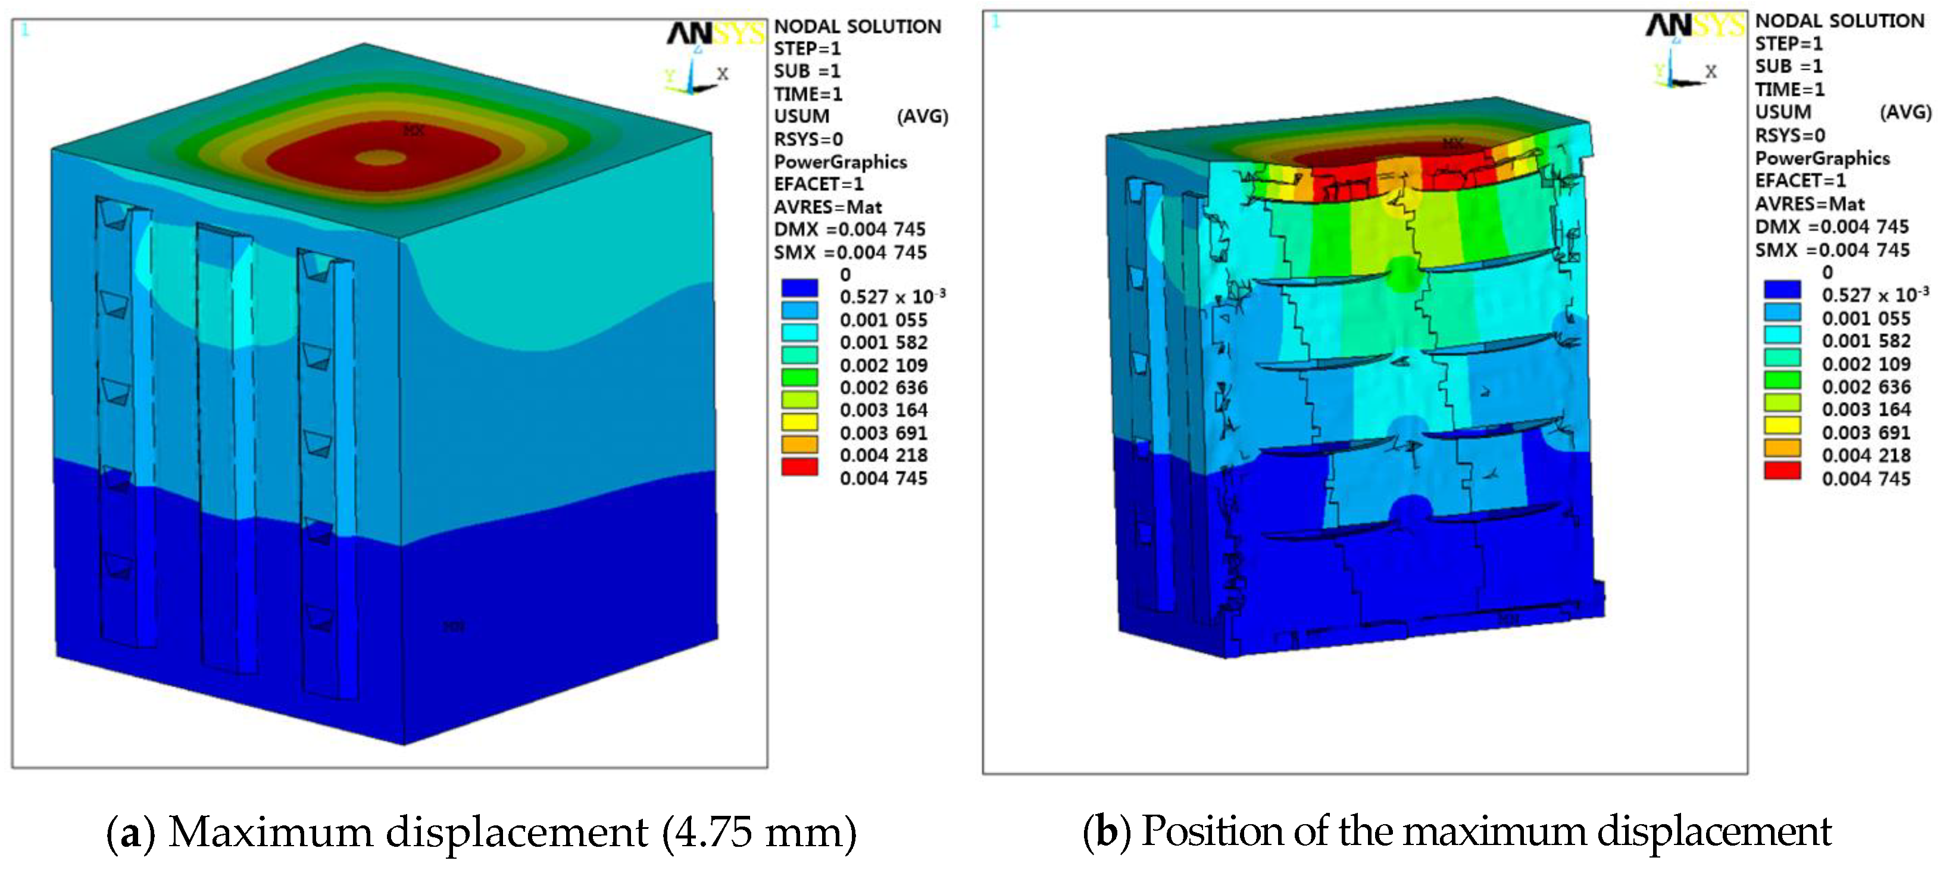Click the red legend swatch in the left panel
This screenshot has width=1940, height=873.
point(799,466)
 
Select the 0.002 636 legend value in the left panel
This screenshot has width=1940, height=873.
point(883,387)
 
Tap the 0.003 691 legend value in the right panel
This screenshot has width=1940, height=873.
point(1866,432)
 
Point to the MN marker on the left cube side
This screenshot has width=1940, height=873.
point(454,626)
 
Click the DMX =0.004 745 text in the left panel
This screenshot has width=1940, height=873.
point(849,229)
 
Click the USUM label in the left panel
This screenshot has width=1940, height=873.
point(801,116)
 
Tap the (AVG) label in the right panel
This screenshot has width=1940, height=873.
point(1905,112)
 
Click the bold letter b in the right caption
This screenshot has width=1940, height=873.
point(1106,831)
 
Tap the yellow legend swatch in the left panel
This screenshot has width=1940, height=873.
point(799,421)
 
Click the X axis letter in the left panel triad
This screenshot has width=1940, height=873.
point(722,74)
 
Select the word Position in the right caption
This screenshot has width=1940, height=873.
point(1212,831)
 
